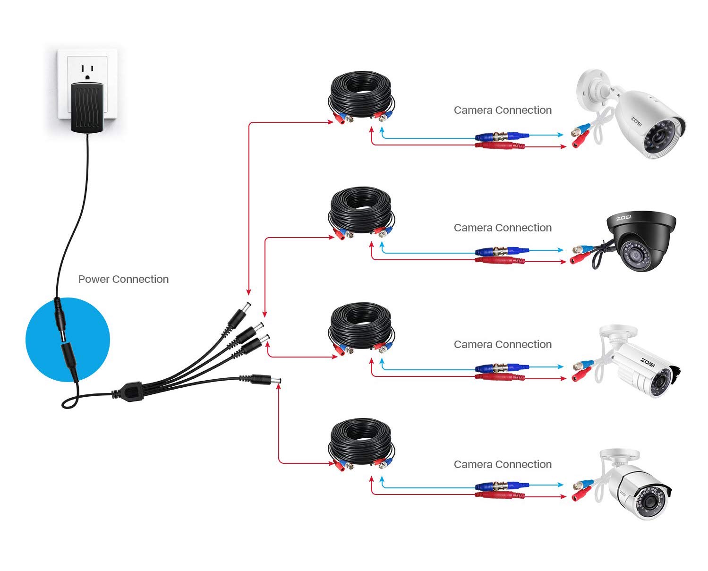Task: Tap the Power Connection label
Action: [x=123, y=279]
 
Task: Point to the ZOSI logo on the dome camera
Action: [x=623, y=218]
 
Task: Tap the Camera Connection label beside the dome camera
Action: [x=503, y=228]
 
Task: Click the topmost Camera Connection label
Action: [x=503, y=110]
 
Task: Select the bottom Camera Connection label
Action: [x=503, y=464]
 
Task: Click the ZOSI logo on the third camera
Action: [x=648, y=361]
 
